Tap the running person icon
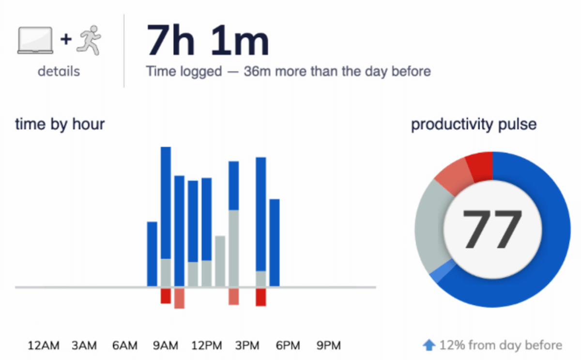pos(90,40)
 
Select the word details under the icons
pos(59,72)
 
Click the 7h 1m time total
pos(208,41)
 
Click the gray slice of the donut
pos(429,232)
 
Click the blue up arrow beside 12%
pos(429,345)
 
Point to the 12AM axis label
pos(44,345)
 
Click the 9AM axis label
pos(166,345)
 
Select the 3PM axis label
pos(247,345)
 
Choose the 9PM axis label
pos(329,345)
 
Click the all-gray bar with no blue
pos(220,261)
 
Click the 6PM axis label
pos(288,345)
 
